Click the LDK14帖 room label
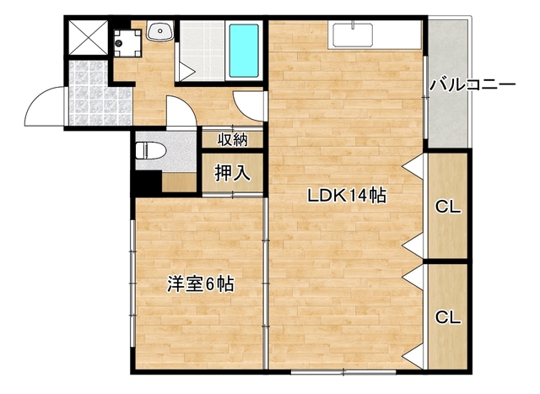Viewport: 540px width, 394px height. click(346, 197)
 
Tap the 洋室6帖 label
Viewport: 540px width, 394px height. click(199, 284)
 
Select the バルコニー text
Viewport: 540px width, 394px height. click(472, 84)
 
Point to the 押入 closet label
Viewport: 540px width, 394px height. click(232, 173)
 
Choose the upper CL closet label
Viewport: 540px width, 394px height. click(447, 207)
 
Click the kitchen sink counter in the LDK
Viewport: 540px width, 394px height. click(354, 35)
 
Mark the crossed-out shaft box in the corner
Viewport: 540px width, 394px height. click(87, 38)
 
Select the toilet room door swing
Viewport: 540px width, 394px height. click(180, 114)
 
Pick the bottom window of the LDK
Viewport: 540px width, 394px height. click(343, 371)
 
